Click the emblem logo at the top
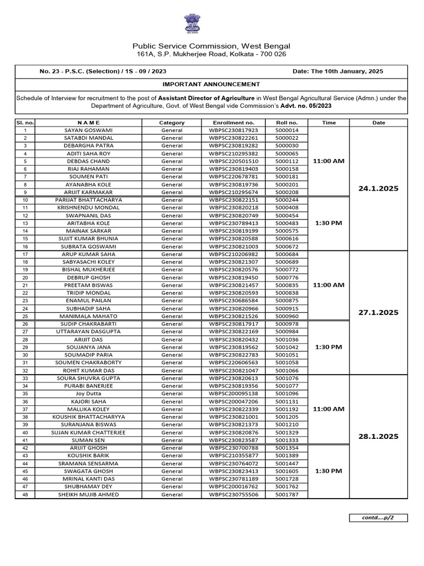(x=193, y=25)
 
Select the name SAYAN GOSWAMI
(x=89, y=130)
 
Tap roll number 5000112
(x=287, y=161)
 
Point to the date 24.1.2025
(x=378, y=188)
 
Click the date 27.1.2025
(x=378, y=312)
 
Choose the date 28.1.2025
(x=378, y=436)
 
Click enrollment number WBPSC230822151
(x=234, y=200)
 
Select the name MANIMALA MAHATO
(x=89, y=316)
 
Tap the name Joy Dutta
(x=89, y=394)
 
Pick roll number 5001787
(x=287, y=494)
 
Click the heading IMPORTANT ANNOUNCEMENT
(x=211, y=84)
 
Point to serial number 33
(x=25, y=378)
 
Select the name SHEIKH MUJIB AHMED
(x=89, y=494)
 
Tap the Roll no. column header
(x=287, y=123)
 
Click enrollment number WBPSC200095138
(x=234, y=394)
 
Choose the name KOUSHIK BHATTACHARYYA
(x=89, y=417)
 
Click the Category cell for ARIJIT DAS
(x=172, y=339)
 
